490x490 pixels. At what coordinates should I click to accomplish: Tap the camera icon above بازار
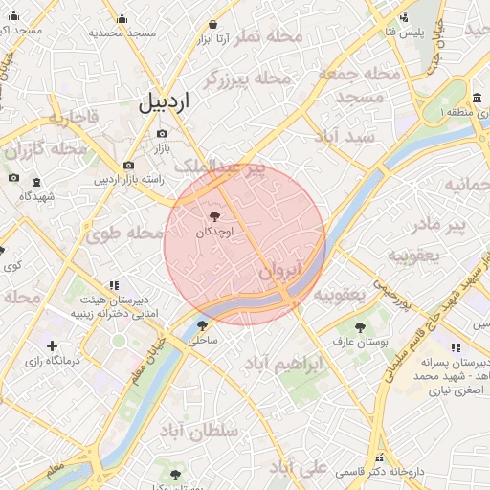162,134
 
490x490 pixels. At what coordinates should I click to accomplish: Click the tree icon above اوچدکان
213,217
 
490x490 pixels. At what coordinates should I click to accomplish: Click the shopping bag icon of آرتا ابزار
212,25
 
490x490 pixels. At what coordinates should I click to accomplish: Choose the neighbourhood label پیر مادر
437,227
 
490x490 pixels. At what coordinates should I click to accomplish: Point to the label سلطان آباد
199,432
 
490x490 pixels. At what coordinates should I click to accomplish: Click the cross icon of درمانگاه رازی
52,345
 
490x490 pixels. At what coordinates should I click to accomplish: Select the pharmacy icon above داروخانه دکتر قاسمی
380,458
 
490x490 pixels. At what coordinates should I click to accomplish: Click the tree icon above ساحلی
202,325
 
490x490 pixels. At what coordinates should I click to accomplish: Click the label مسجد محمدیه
122,33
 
